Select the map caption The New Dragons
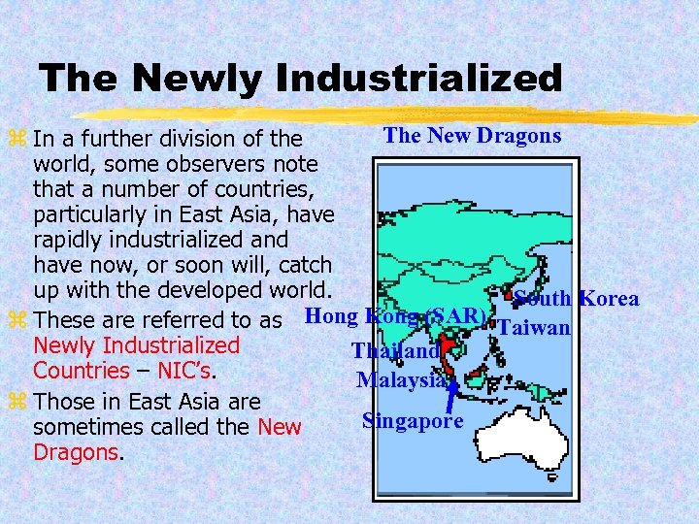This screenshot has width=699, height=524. click(472, 135)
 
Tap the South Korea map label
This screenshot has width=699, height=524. click(576, 298)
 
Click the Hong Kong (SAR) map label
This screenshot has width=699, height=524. click(395, 316)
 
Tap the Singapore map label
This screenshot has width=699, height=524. click(413, 420)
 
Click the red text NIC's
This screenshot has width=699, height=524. click(181, 371)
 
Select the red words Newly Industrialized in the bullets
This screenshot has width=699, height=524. click(136, 345)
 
